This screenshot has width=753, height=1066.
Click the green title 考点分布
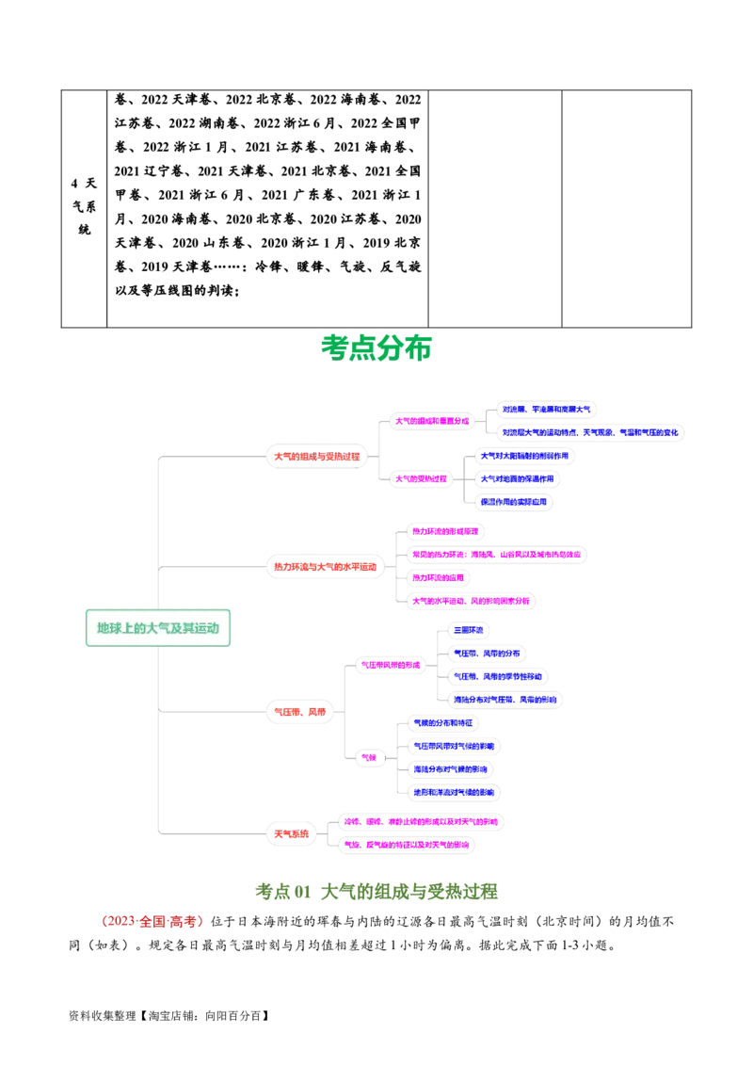tap(376, 347)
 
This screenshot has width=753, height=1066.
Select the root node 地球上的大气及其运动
tap(158, 628)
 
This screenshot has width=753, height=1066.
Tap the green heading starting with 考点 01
tap(377, 891)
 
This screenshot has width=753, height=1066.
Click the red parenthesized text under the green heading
tap(151, 921)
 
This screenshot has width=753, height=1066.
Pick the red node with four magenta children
tap(324, 566)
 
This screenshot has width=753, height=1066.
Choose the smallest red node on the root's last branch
tap(290, 833)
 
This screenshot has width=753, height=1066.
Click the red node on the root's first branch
tap(316, 457)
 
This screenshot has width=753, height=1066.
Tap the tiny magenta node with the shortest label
tap(369, 757)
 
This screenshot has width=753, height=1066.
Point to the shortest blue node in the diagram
tap(468, 630)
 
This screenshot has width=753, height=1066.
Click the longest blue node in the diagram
tap(590, 432)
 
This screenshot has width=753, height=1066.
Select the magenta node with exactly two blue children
tap(432, 420)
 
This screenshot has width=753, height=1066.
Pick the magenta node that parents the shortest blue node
tap(391, 666)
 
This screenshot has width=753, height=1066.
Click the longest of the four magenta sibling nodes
tap(496, 554)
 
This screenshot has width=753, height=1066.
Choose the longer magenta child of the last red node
tap(421, 822)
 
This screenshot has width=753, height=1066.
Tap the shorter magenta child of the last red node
tap(407, 845)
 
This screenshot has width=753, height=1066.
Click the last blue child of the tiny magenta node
tap(455, 792)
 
